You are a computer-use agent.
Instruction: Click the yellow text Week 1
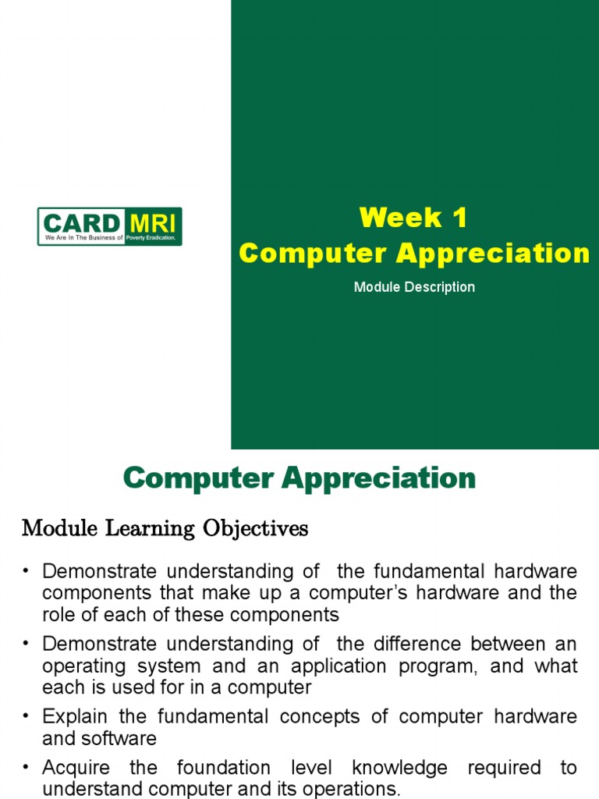pos(413,218)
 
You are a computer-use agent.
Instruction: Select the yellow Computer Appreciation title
pos(414,253)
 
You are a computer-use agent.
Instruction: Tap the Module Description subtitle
pos(414,287)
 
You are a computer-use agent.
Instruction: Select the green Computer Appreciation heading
pos(299,478)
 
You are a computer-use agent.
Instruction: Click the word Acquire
pos(76,768)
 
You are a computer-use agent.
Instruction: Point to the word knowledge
pos(399,768)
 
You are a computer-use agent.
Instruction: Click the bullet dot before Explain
pos(27,717)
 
